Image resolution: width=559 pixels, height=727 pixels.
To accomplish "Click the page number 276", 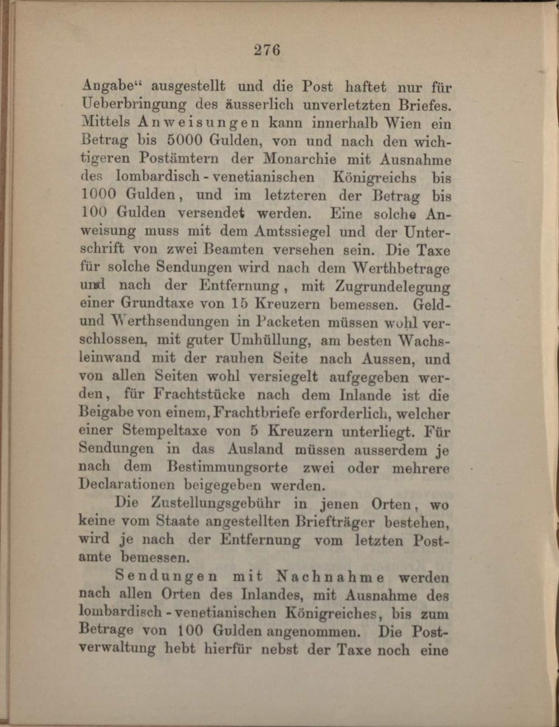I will [x=267, y=50].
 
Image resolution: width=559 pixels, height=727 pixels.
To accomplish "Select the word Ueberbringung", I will [x=134, y=104].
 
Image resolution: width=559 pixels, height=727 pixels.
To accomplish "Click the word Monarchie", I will [x=301, y=159].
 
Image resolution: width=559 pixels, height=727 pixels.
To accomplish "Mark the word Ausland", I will [x=255, y=449].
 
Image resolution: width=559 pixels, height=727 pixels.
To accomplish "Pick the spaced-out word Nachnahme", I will [x=330, y=577].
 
